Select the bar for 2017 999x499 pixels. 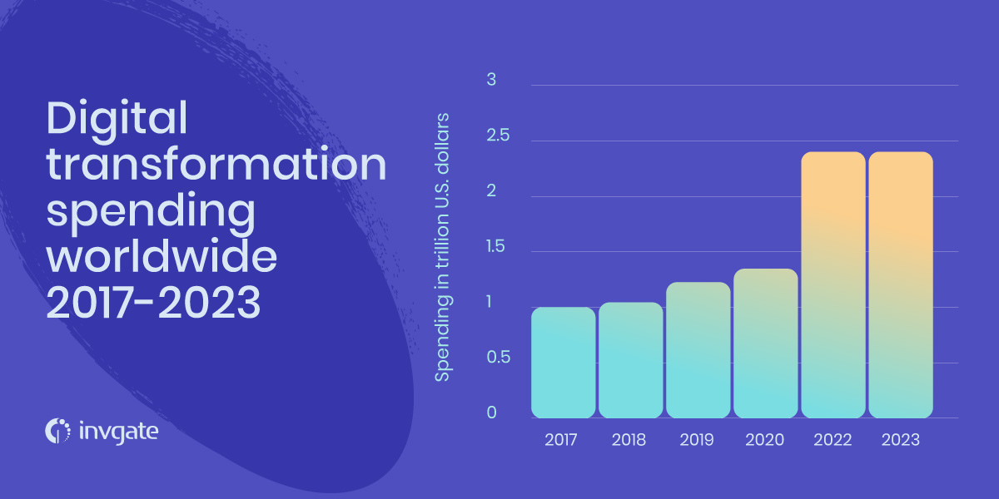tap(564, 363)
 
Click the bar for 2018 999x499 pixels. tap(631, 360)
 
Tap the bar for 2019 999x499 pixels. tap(698, 350)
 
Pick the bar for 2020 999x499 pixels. tap(766, 343)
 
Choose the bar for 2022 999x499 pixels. tap(833, 284)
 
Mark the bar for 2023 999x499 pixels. tap(901, 284)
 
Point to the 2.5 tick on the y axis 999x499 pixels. tap(498, 135)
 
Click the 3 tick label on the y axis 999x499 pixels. tap(491, 79)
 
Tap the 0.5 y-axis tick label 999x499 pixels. tap(498, 357)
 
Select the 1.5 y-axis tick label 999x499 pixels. tap(495, 246)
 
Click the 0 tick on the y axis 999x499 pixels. tap(491, 413)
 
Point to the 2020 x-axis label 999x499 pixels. tap(764, 440)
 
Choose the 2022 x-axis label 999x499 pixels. tap(832, 440)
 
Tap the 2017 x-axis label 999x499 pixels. tap(561, 440)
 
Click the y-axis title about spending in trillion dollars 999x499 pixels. tap(442, 247)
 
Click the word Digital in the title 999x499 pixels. tap(117, 119)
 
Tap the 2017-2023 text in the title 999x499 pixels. tap(153, 303)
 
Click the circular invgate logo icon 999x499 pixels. tap(57, 431)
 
